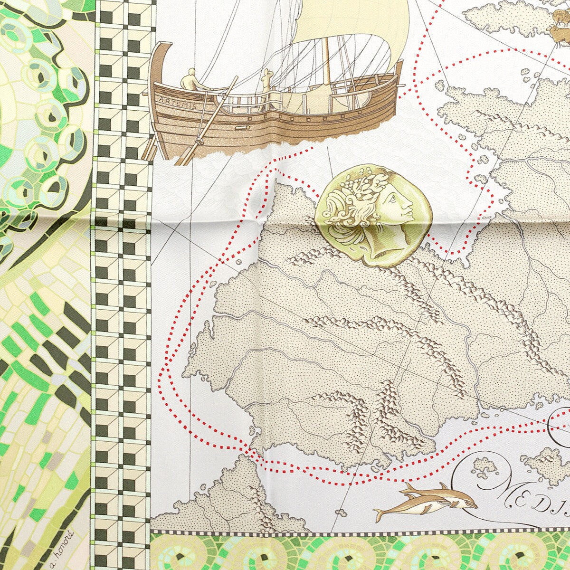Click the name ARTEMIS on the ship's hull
coord(178,103)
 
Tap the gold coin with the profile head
coord(375,214)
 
